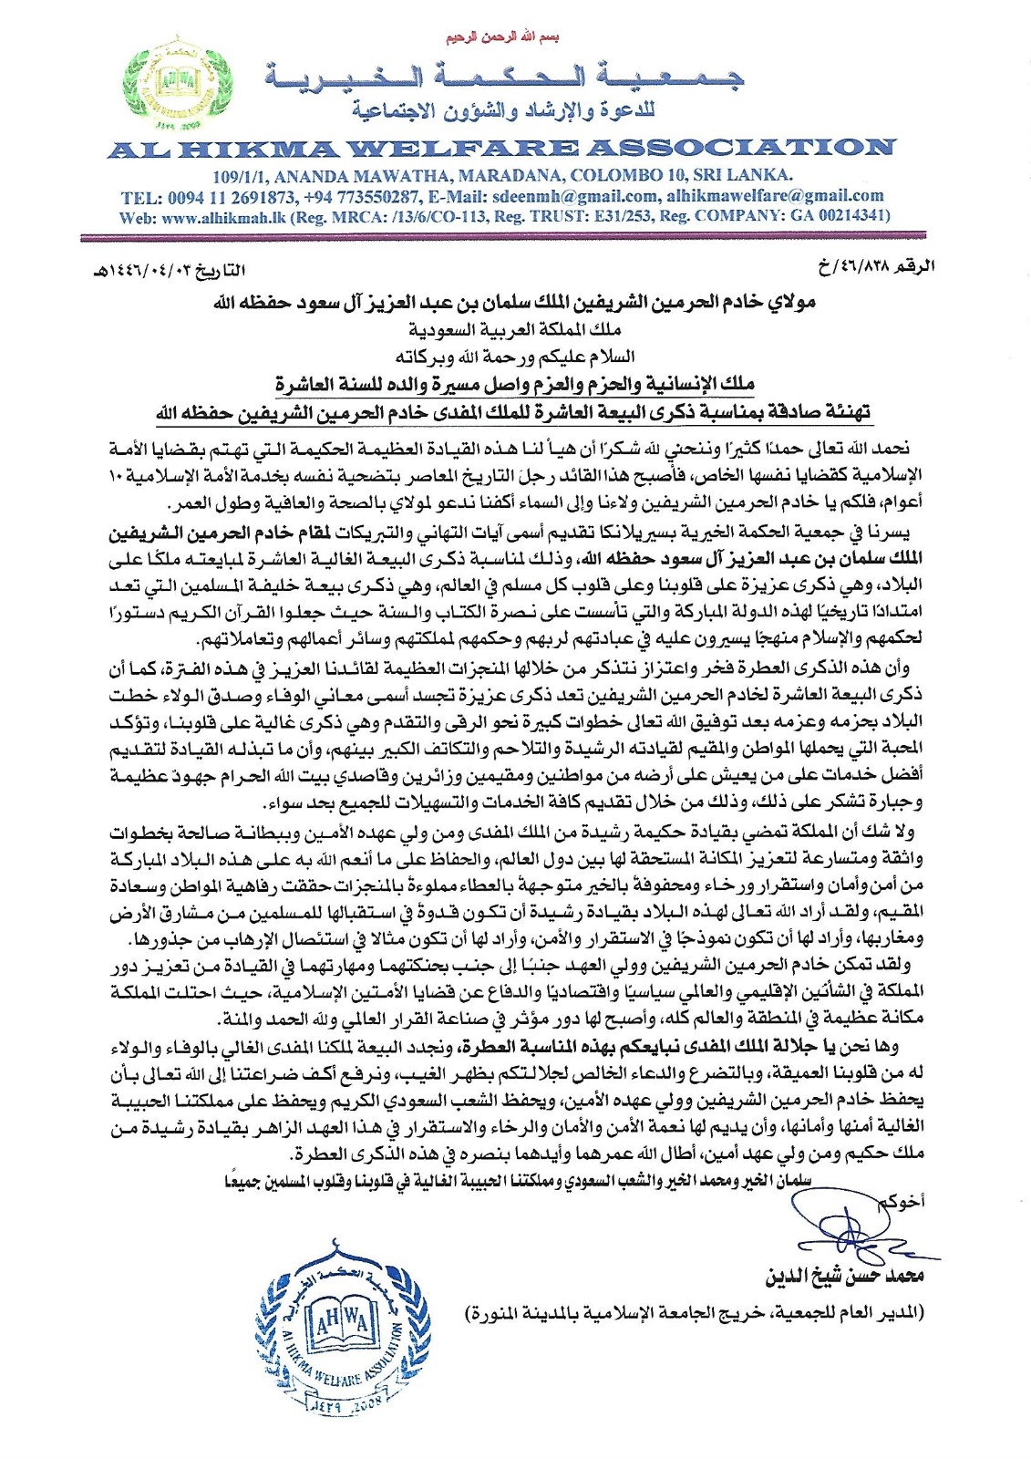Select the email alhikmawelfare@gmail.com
[775, 196]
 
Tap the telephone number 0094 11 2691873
[232, 196]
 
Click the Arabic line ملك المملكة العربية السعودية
[515, 329]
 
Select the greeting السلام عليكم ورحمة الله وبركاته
[515, 356]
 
